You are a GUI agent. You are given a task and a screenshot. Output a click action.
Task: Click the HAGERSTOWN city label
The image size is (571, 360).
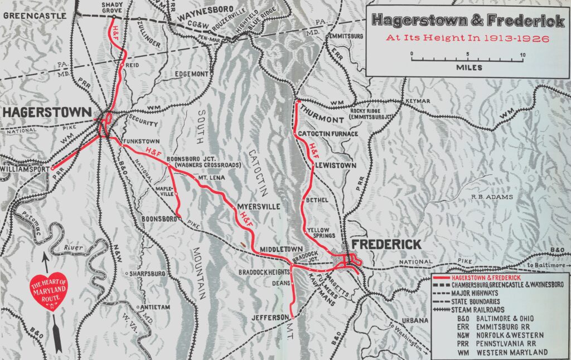(46, 113)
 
